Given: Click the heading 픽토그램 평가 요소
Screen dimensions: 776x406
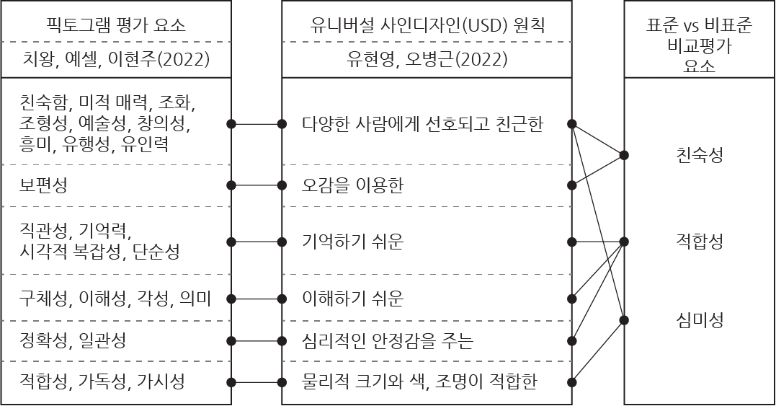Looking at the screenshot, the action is [116, 25].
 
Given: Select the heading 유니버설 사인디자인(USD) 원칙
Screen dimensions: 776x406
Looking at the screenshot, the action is [427, 25].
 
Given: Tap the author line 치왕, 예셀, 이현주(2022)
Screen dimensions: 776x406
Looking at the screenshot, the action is [116, 59].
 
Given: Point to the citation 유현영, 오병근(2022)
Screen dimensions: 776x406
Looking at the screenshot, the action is [427, 59].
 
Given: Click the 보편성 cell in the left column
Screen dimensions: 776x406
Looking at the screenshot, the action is [43, 185].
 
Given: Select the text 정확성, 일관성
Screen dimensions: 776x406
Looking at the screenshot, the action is [73, 340].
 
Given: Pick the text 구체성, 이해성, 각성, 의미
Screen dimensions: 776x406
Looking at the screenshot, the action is [115, 299].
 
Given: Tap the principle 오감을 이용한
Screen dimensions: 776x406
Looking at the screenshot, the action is [353, 185].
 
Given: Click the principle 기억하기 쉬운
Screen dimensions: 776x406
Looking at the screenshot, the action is [353, 242].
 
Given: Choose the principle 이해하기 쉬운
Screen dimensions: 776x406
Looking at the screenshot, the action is [353, 299].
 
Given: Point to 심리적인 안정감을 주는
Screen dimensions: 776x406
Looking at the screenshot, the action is [388, 340].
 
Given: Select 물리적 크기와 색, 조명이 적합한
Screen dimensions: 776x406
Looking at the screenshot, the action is [419, 382].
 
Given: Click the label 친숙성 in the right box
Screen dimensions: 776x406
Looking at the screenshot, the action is [700, 155].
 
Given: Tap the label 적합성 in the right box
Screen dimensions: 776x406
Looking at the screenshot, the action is [700, 242].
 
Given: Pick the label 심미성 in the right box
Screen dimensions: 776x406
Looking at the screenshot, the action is [700, 320].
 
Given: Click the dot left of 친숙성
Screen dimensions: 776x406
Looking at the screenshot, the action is [624, 156].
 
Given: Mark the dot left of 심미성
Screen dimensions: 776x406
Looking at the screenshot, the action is [624, 320].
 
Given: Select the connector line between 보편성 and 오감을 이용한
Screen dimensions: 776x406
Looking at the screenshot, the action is [257, 185].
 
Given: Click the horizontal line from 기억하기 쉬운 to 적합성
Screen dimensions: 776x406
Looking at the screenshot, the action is [598, 242].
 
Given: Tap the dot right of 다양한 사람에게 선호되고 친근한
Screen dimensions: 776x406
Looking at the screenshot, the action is [572, 124].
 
